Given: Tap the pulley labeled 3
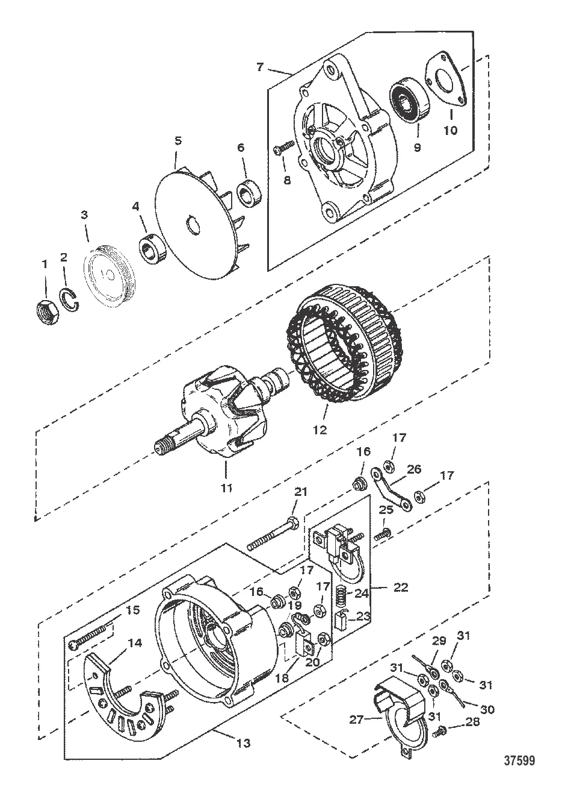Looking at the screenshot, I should click(x=109, y=274).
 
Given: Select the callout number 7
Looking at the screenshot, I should click(x=259, y=66).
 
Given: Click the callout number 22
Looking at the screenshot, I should click(x=400, y=587).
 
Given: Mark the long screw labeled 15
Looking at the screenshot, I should click(x=90, y=635).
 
